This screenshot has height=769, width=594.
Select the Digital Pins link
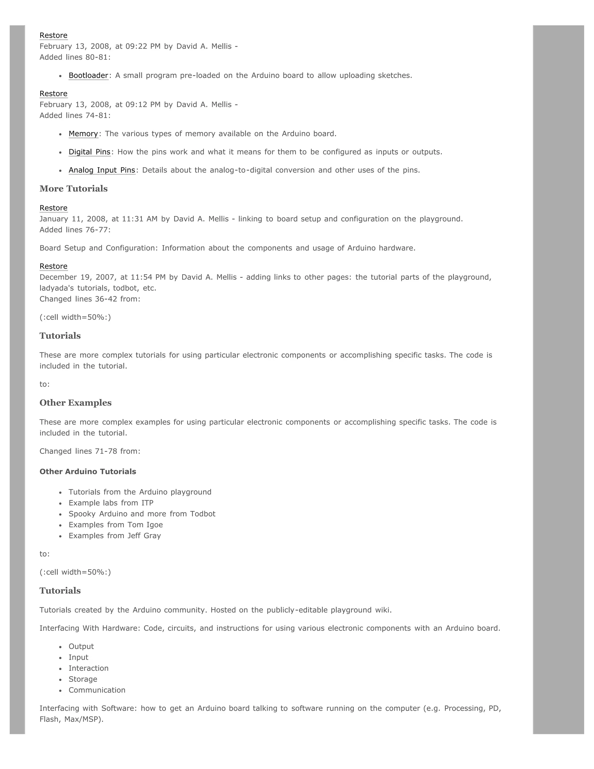coord(89,152)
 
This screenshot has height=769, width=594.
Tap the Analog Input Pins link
coord(102,170)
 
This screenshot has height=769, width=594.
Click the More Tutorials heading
coord(74,189)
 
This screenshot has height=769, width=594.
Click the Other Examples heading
coord(75,403)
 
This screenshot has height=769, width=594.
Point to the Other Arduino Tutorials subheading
coord(88,472)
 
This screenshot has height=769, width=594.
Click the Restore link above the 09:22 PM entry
coord(53,35)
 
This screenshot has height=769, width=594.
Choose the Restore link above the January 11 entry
coord(53,208)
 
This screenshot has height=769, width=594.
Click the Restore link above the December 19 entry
coord(53,266)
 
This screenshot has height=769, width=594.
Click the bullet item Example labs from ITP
coord(111,503)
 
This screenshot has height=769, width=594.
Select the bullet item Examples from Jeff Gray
coord(115,536)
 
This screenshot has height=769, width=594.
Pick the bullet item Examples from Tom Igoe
coord(116,525)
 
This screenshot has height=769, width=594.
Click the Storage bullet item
coord(83,679)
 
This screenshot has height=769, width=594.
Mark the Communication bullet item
coord(97,690)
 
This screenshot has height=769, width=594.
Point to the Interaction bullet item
coord(88,668)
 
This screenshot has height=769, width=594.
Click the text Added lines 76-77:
coord(75,230)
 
